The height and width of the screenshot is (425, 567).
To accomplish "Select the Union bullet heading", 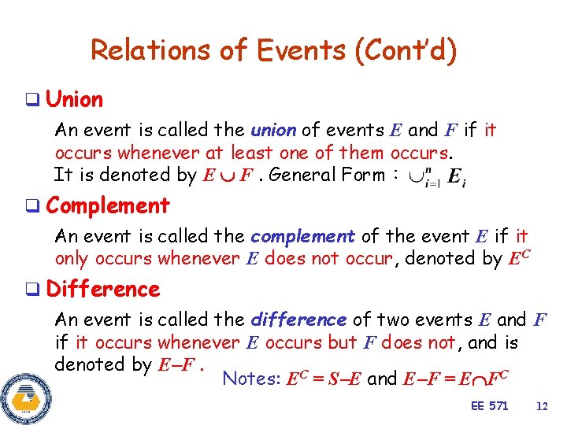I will point(74,100).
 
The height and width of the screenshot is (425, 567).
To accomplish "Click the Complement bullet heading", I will point(108,206).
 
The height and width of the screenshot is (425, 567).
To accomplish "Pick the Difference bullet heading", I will point(103,290).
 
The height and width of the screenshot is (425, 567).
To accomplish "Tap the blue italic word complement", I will point(302,236).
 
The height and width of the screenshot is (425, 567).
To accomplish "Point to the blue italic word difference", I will point(298,320).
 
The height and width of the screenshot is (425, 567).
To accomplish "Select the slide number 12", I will point(541,406).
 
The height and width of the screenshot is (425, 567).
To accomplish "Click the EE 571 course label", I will point(489,406).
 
